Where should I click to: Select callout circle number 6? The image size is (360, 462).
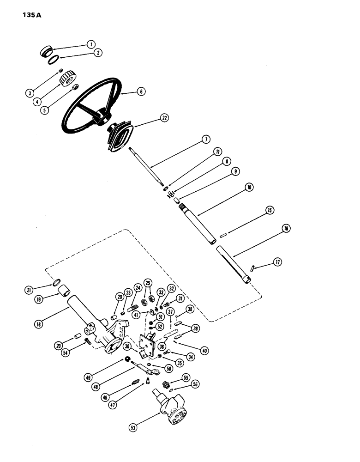point(141,91)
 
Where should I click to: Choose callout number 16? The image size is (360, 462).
point(286,229)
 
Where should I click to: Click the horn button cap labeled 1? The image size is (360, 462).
point(47,49)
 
